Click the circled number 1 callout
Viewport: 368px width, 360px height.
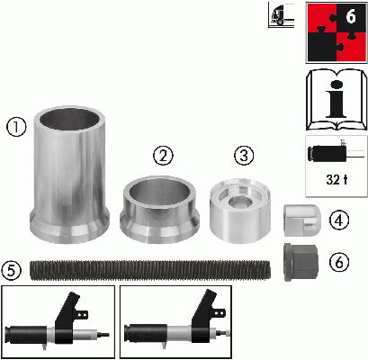click(x=17, y=127)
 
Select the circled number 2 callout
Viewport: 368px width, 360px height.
click(x=164, y=156)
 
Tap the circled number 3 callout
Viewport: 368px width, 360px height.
click(x=244, y=155)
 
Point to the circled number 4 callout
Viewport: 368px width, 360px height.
click(x=339, y=220)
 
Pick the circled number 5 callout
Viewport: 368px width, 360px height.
click(x=12, y=270)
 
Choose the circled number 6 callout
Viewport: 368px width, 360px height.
click(x=339, y=263)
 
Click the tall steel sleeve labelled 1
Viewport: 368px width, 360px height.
click(x=69, y=175)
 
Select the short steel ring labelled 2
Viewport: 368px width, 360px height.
click(x=159, y=210)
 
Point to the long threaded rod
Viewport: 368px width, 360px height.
click(x=150, y=271)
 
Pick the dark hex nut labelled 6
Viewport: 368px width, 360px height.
click(x=301, y=262)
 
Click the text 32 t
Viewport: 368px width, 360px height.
click(x=337, y=180)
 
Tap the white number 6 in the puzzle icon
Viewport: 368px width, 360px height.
click(x=351, y=16)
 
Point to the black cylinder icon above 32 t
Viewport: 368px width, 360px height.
click(x=328, y=154)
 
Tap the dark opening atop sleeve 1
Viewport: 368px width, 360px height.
click(x=70, y=119)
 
